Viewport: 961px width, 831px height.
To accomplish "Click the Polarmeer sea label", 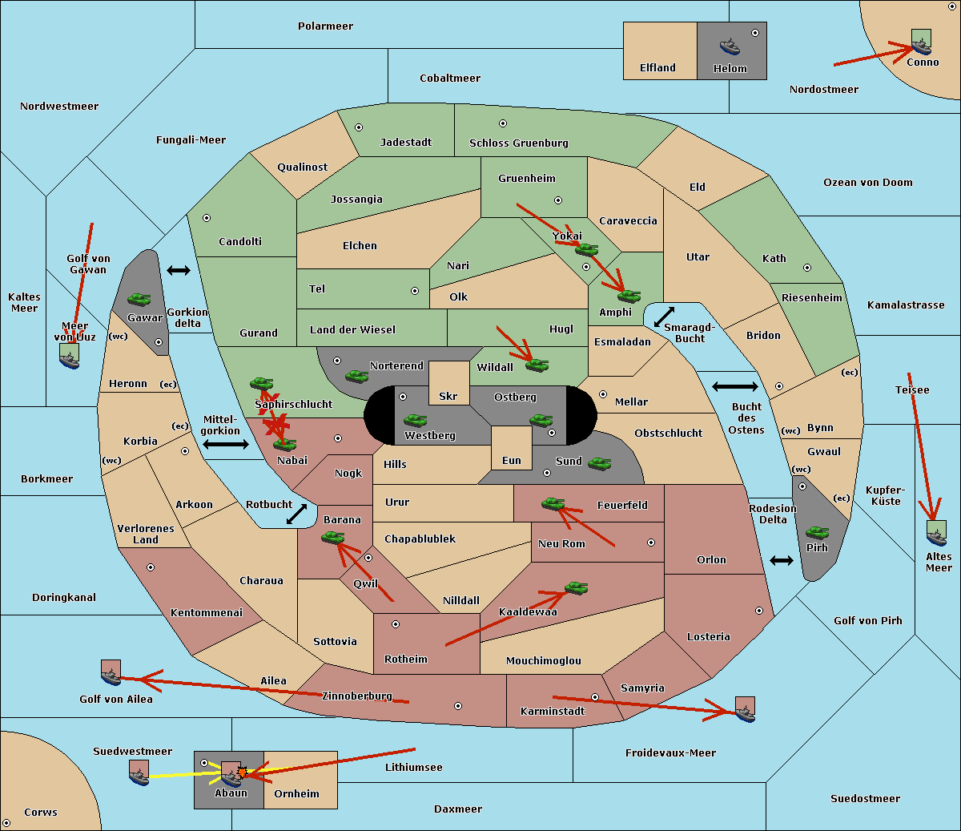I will click(325, 26).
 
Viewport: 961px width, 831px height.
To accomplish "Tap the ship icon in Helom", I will click(730, 46).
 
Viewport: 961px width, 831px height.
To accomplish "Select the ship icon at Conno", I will click(922, 42).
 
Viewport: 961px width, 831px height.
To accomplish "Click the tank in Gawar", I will click(139, 300).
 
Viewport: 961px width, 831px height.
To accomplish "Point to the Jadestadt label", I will click(405, 142).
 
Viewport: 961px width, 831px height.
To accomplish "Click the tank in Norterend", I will click(356, 376).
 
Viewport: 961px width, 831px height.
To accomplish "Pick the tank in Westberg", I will click(415, 421).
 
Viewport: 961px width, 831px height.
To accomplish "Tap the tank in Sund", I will click(600, 463).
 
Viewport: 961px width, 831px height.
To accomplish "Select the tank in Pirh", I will click(817, 533).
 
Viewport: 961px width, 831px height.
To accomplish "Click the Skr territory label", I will click(448, 396).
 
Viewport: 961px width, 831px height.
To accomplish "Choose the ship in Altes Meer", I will click(936, 534).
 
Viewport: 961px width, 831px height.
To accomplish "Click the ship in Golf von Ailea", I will click(111, 674).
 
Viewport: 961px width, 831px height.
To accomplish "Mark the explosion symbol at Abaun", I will click(242, 772).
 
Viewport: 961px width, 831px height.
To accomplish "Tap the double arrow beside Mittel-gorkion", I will click(226, 444).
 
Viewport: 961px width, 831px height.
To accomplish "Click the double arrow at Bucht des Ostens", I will click(734, 387).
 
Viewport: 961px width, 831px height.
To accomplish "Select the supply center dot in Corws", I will click(6, 823).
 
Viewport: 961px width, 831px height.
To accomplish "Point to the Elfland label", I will click(657, 68).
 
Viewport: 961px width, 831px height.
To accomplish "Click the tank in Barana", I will click(332, 538).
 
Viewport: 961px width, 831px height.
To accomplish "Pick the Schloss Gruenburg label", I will click(518, 143).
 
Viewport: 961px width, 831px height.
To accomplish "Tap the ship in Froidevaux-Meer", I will click(745, 710).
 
